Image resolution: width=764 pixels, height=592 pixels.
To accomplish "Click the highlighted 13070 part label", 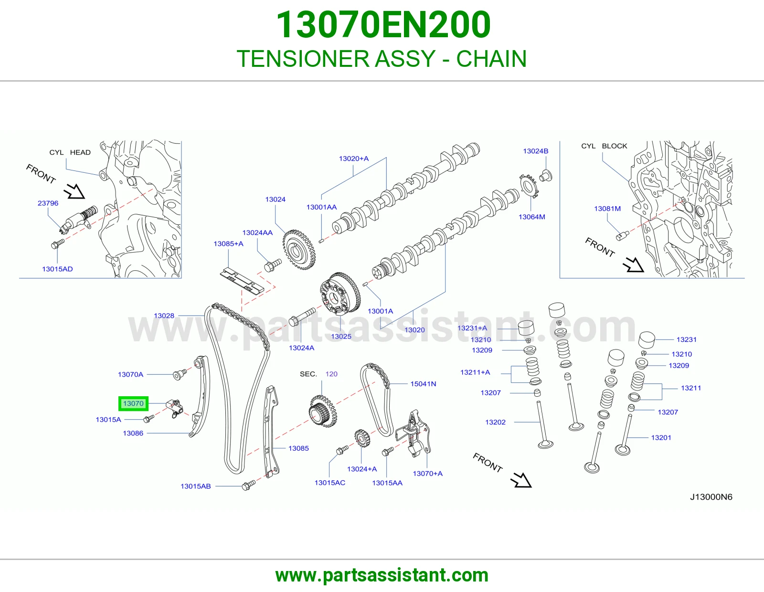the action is [x=133, y=403].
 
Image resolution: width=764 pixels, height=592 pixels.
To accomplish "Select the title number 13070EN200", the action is [x=383, y=25].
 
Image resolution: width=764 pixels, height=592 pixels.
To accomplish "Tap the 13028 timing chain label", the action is [x=164, y=316].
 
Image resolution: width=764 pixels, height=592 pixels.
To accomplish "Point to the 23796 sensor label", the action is [x=48, y=203].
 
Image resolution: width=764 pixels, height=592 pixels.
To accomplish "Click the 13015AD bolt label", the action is [x=57, y=269].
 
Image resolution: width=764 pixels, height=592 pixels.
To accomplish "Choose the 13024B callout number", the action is [x=535, y=151].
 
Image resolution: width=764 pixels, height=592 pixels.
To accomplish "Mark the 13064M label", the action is [x=531, y=217].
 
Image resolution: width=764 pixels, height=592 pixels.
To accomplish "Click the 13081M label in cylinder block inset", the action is [x=607, y=209].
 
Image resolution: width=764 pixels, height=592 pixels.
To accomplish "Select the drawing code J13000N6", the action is [x=711, y=497].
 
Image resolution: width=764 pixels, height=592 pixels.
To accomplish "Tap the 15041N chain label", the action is [x=423, y=384].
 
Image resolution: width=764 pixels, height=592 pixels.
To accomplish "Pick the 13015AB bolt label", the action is [x=195, y=486].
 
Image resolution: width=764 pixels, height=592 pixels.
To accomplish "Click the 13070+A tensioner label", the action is [x=427, y=474].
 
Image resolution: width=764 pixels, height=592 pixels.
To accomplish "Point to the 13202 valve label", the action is [x=495, y=422].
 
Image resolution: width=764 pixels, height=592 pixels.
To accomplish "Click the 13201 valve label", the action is [x=661, y=438].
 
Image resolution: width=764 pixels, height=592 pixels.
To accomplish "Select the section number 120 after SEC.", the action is [x=331, y=374].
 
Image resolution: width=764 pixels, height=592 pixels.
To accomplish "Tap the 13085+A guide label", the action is [x=228, y=243].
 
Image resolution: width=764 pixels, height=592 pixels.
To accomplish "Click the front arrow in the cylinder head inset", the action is [x=74, y=191].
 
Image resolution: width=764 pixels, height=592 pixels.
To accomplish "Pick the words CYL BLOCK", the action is [x=604, y=146].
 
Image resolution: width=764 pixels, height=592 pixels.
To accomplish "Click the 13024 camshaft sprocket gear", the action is [x=299, y=250].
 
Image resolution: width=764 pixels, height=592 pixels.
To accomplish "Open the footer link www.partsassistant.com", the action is [x=382, y=575].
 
